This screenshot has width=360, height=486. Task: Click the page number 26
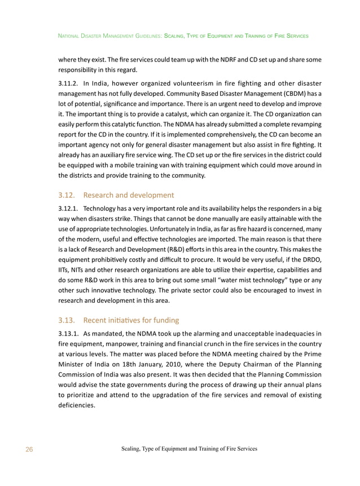coord(29,449)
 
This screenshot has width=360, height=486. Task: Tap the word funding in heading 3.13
coord(163,320)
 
